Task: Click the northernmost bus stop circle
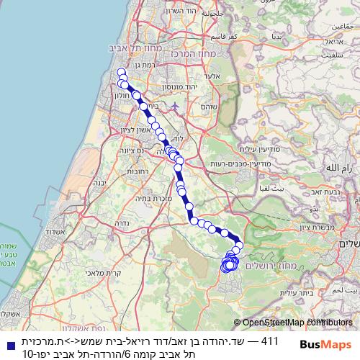pos(121,71)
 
